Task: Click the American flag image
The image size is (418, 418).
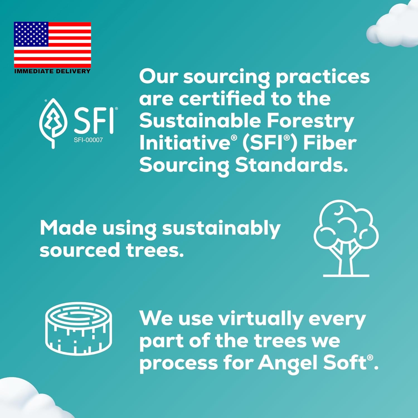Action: [x=52, y=45]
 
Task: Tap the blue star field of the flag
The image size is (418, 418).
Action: [x=31, y=34]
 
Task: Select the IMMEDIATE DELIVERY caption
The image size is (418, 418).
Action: [x=52, y=71]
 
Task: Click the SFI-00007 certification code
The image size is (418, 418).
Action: [x=88, y=140]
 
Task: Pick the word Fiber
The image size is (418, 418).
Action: [x=330, y=143]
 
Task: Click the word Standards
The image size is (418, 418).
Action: [x=291, y=165]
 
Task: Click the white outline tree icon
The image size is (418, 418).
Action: [x=346, y=238]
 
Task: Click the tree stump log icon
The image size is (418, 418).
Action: [x=79, y=329]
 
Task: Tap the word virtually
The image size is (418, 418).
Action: [x=261, y=319]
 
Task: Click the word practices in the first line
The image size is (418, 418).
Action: [x=323, y=77]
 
